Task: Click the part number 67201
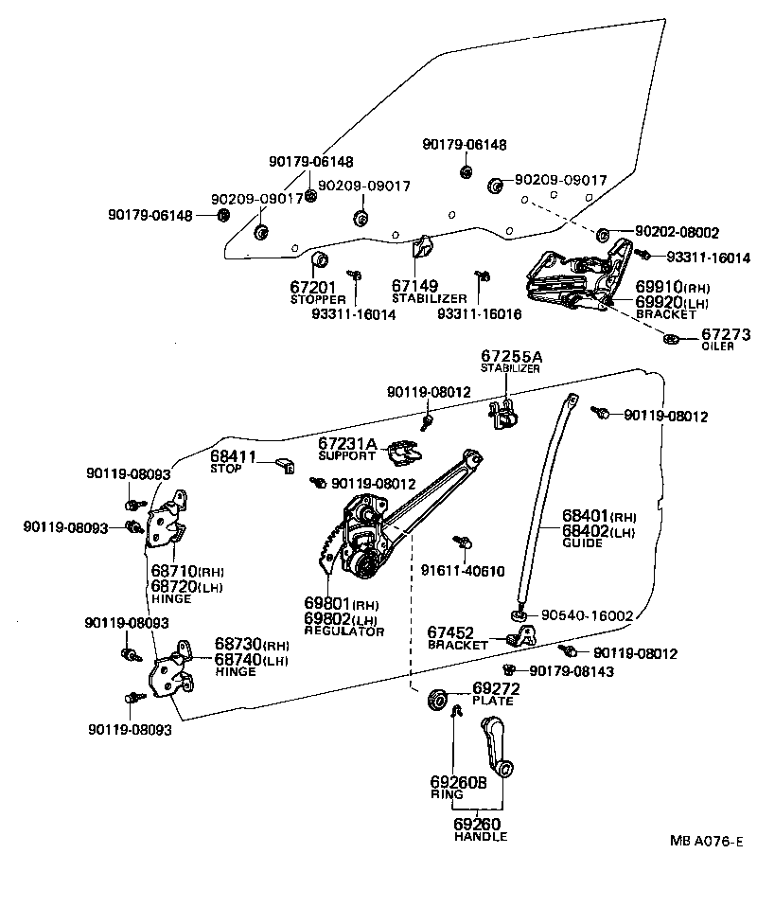click(x=310, y=286)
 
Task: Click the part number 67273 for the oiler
click(x=726, y=334)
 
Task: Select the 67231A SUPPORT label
click(x=347, y=448)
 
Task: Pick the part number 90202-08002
click(x=677, y=232)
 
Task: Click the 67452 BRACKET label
click(x=458, y=637)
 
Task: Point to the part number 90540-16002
click(x=587, y=614)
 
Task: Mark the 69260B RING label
click(x=458, y=788)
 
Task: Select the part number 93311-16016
click(x=479, y=313)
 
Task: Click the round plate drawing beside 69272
click(x=438, y=701)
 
